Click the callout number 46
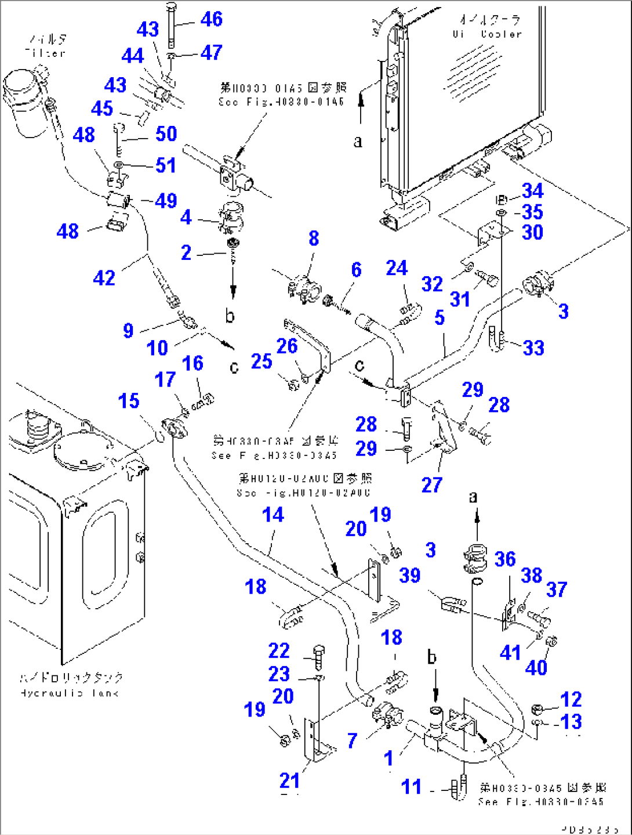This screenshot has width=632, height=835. point(211,19)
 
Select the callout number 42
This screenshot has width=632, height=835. point(104,278)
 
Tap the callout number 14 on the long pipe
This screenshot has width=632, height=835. point(273,515)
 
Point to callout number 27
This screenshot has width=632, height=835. point(432,485)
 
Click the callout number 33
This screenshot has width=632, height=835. point(533,348)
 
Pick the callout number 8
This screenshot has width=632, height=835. point(314,238)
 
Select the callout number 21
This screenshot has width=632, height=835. point(289,780)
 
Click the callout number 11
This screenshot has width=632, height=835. point(411,787)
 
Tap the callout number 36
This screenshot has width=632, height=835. point(505,559)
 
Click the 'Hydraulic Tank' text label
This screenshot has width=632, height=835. point(71,685)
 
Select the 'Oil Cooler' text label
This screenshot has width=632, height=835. point(487,27)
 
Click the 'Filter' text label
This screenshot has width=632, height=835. point(46,46)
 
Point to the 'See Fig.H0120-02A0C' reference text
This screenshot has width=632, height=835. point(304,486)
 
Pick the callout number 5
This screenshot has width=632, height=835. point(440,318)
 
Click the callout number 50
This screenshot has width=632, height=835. point(166,134)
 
